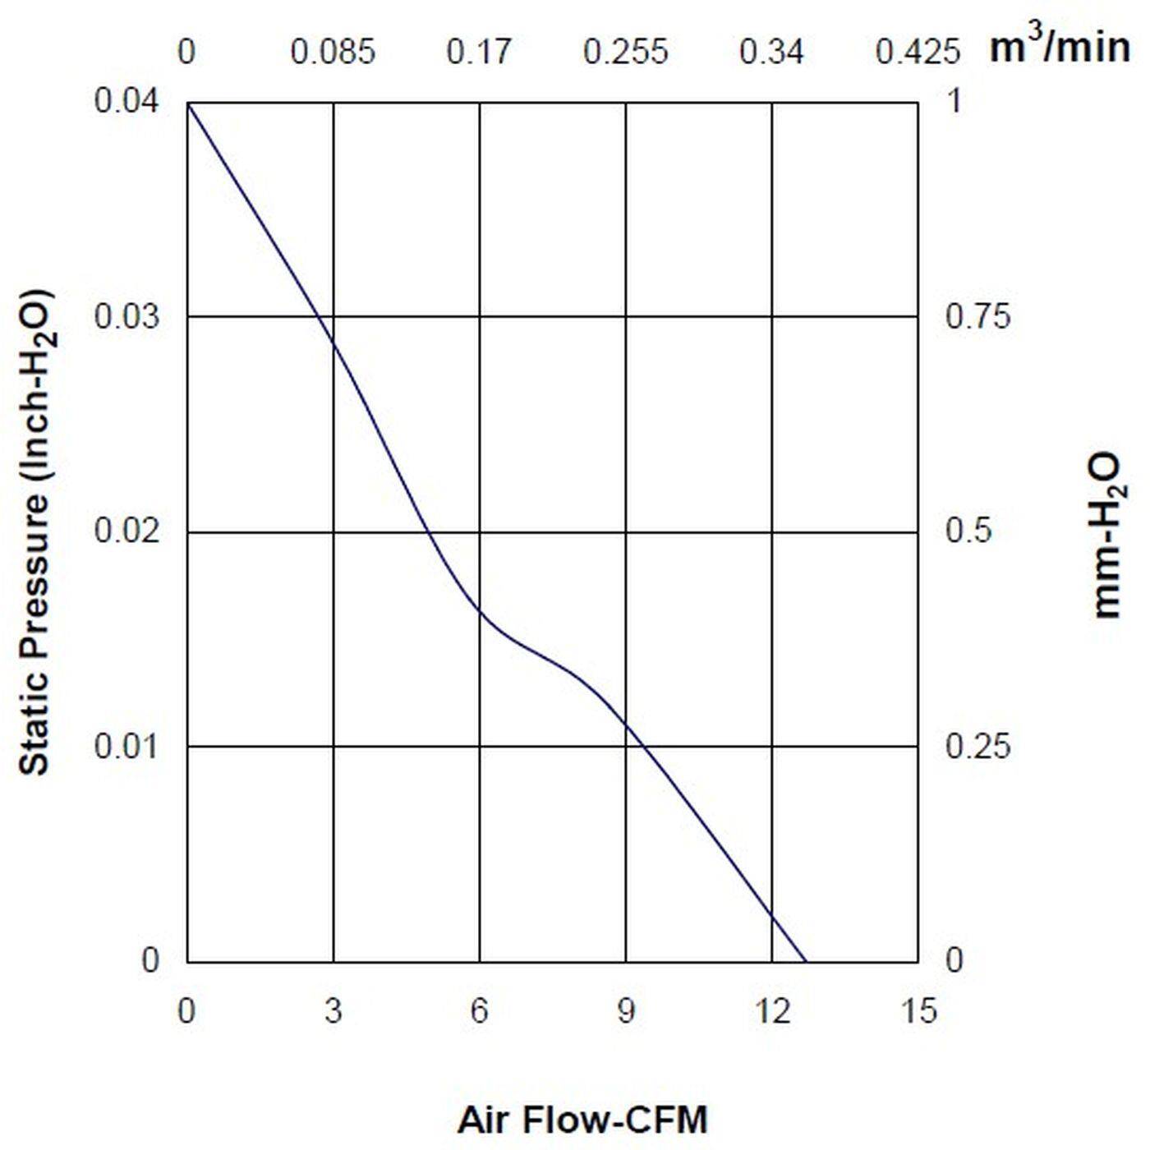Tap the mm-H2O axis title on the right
(1106, 534)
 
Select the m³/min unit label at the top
(1059, 47)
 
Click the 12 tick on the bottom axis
(772, 1011)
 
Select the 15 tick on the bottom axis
(918, 1011)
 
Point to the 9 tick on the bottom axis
(626, 1011)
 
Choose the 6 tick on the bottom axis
(480, 1011)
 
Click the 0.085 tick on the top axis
(333, 53)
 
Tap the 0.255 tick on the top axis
(625, 53)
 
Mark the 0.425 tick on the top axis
(917, 53)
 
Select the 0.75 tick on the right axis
(977, 316)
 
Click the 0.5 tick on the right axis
(968, 531)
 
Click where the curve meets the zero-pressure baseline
(806, 961)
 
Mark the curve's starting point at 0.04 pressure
(188, 103)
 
